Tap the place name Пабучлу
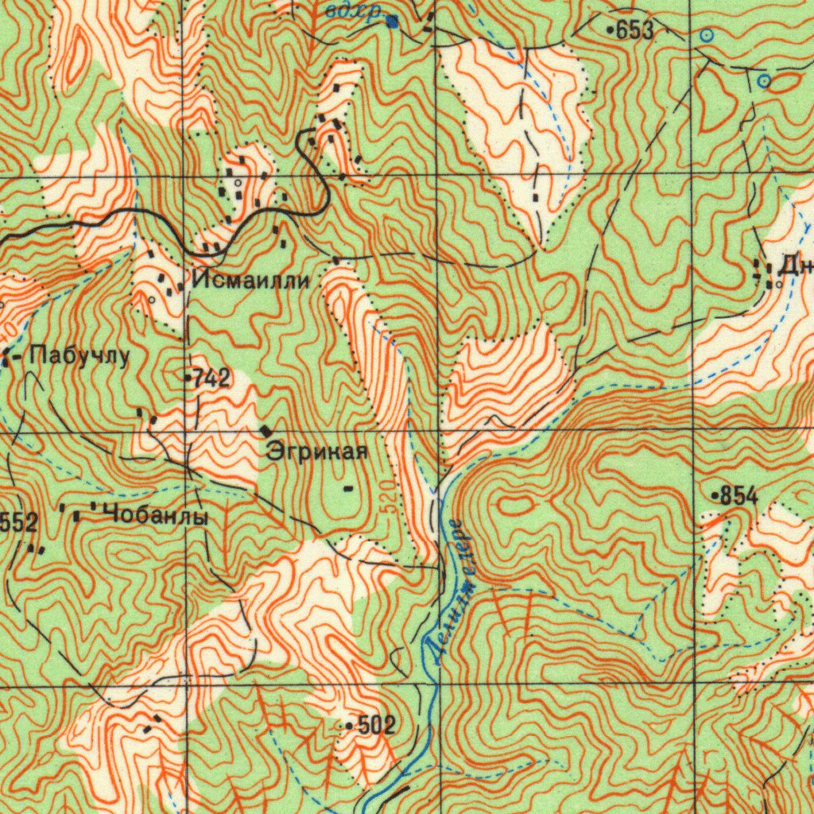pos(79,356)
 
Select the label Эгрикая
pos(317,452)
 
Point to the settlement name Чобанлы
pos(156,516)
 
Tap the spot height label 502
pos(376,725)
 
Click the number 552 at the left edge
pos(18,522)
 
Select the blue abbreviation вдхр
pos(354,11)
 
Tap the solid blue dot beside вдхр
pos(393,22)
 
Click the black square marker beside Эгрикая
pos(265,430)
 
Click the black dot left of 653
pos(610,30)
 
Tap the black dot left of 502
pos(350,726)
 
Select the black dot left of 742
pos(188,378)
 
